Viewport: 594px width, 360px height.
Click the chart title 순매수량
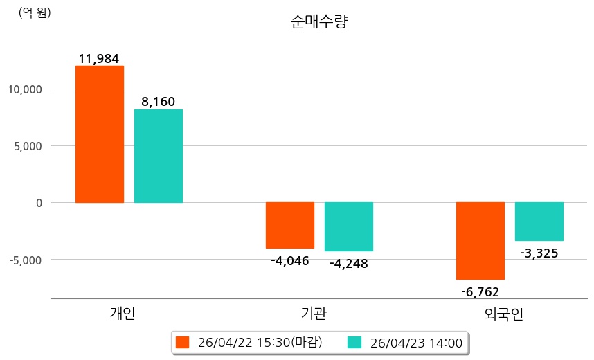coord(319,22)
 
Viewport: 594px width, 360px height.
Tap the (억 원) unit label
coord(35,12)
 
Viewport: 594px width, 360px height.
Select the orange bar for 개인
coord(100,134)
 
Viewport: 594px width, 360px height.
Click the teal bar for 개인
coord(159,156)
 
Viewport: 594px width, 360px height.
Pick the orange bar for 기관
coord(290,225)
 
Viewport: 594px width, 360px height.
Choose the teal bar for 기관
coord(349,226)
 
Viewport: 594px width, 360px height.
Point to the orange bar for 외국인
coord(480,240)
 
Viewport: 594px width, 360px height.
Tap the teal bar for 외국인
coord(539,222)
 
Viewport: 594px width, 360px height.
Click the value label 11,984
coord(99,59)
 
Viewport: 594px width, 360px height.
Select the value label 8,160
coord(158,102)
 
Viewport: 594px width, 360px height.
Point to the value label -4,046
coord(289,261)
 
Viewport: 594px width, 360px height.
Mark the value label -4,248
coord(349,264)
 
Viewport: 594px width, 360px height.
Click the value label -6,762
coord(480,291)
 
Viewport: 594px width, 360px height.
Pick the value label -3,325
coord(539,253)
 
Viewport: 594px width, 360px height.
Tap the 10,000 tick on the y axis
coord(25,89)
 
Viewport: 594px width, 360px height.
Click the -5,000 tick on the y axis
coord(25,260)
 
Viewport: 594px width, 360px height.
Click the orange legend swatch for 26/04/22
coord(183,343)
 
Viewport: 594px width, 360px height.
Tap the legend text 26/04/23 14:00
coord(416,343)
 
